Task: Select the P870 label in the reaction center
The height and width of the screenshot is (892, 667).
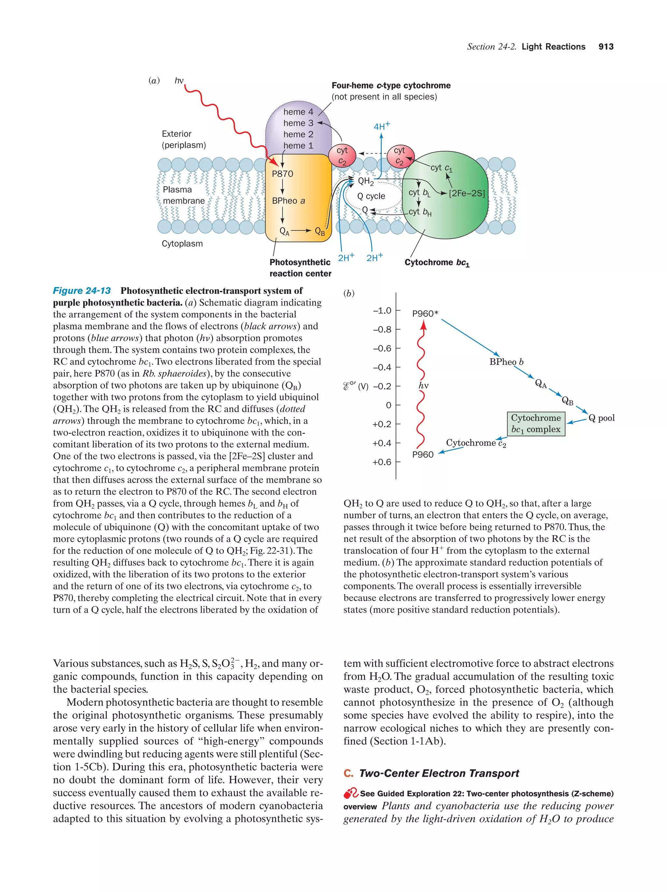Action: (x=282, y=174)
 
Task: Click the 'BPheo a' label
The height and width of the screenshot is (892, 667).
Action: (x=288, y=201)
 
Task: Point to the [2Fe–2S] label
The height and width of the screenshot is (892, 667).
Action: (x=466, y=193)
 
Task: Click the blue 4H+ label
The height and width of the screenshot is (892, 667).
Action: (x=381, y=126)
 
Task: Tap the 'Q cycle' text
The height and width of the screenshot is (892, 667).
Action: (x=371, y=196)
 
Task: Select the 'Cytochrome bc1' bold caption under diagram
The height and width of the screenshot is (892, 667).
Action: (x=437, y=263)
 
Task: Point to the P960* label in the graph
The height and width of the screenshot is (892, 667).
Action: (x=425, y=313)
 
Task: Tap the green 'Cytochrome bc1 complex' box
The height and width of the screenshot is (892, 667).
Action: (x=535, y=423)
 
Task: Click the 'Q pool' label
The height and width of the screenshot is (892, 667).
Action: (x=601, y=418)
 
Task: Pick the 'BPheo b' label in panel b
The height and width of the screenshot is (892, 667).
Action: (x=506, y=362)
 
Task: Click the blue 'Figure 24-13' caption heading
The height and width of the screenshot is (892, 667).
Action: (x=82, y=291)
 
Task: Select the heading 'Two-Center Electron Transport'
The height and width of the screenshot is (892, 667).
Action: (x=439, y=773)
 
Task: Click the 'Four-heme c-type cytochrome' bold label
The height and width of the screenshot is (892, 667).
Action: (x=390, y=86)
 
